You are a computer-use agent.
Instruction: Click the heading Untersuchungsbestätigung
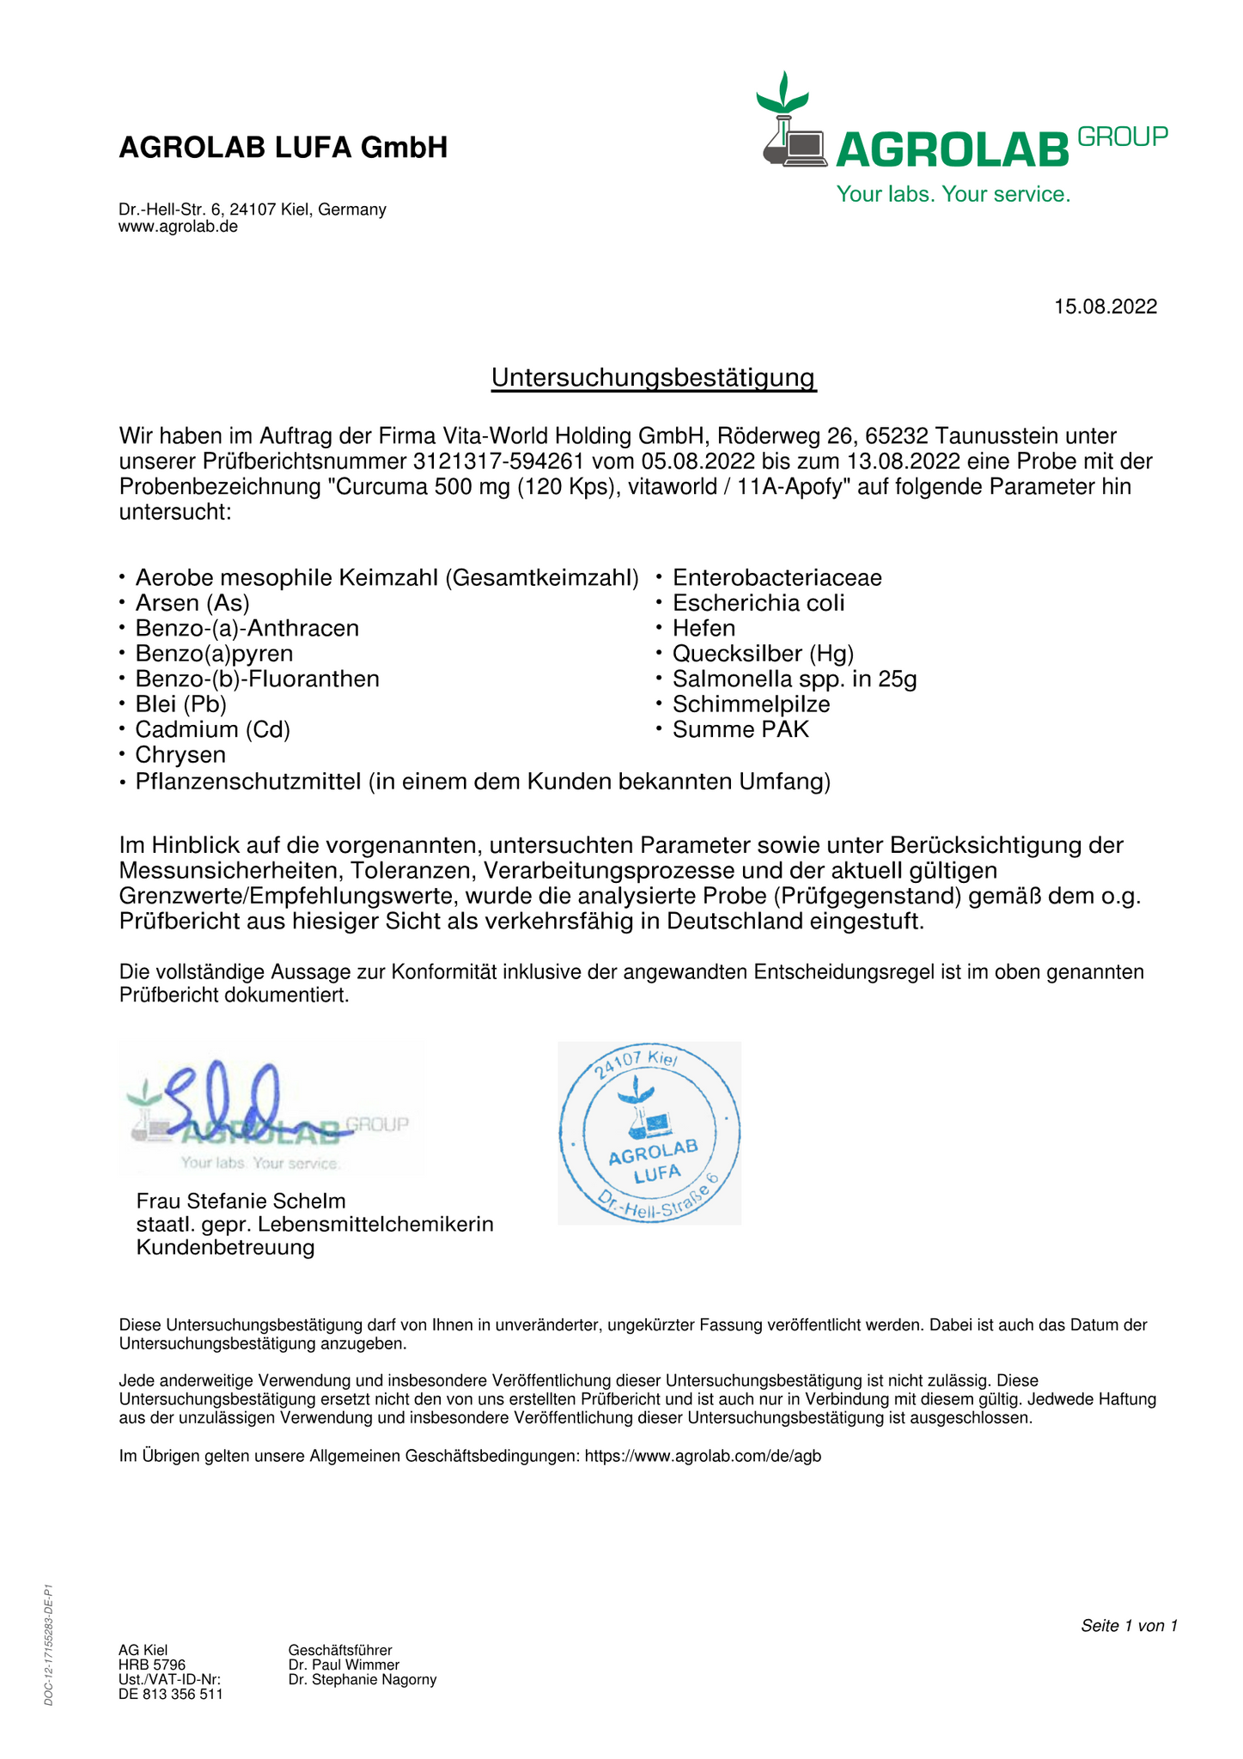point(653,378)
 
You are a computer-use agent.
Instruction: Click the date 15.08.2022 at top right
point(1105,307)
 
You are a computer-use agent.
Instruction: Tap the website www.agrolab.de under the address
point(178,227)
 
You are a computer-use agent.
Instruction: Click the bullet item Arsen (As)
point(192,603)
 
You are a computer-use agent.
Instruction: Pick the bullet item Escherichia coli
point(759,603)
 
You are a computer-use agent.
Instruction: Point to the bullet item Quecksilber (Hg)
point(763,654)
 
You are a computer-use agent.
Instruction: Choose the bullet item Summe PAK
point(740,730)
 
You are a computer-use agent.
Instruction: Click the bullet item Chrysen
point(180,756)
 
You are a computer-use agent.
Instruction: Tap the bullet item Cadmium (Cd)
point(212,730)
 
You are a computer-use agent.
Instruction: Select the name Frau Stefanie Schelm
point(241,1201)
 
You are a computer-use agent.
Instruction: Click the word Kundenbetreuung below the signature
point(225,1247)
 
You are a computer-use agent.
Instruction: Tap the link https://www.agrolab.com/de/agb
point(703,1457)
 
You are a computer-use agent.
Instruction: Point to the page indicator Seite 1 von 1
point(1129,1626)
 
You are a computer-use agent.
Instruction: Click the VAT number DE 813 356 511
point(170,1695)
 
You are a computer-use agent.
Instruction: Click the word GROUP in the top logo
point(1122,137)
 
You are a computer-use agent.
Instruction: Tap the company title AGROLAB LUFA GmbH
point(283,148)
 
